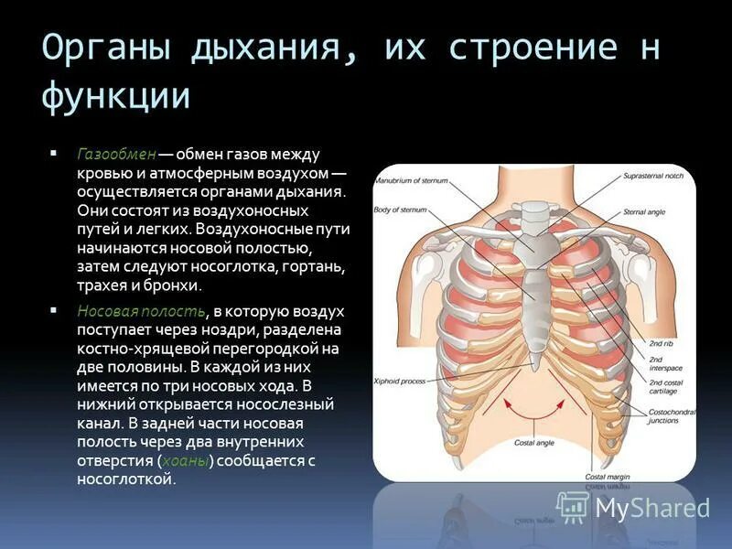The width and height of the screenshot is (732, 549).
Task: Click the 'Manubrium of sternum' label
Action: click(x=413, y=180)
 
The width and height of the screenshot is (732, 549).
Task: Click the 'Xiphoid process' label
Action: click(x=400, y=379)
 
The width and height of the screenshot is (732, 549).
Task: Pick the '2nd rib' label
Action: click(x=662, y=342)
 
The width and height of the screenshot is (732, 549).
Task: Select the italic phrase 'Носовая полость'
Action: click(x=141, y=312)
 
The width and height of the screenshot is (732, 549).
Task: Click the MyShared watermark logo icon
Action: click(x=572, y=506)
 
